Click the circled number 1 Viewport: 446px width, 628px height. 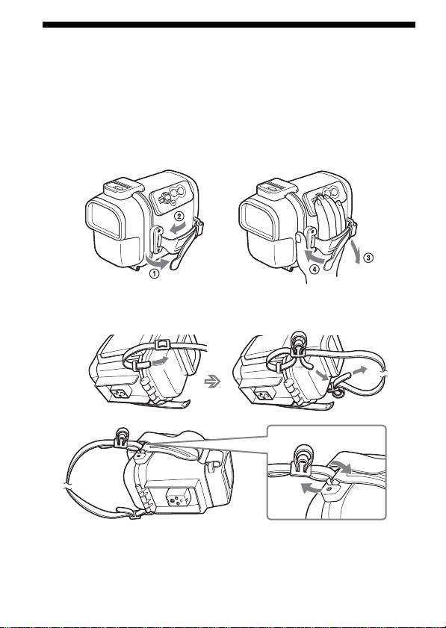coord(155,275)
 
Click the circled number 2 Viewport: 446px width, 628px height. coord(179,217)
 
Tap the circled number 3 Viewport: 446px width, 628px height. coord(368,258)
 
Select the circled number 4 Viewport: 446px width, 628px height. coord(315,270)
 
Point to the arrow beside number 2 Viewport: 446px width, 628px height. coord(179,228)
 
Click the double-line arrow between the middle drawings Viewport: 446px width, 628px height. coord(212,382)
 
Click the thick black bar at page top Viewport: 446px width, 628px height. coord(229,25)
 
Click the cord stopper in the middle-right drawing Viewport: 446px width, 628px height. coord(297,343)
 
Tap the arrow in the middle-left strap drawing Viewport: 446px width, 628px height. coord(158,361)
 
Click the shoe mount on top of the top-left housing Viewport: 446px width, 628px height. coord(123,187)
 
